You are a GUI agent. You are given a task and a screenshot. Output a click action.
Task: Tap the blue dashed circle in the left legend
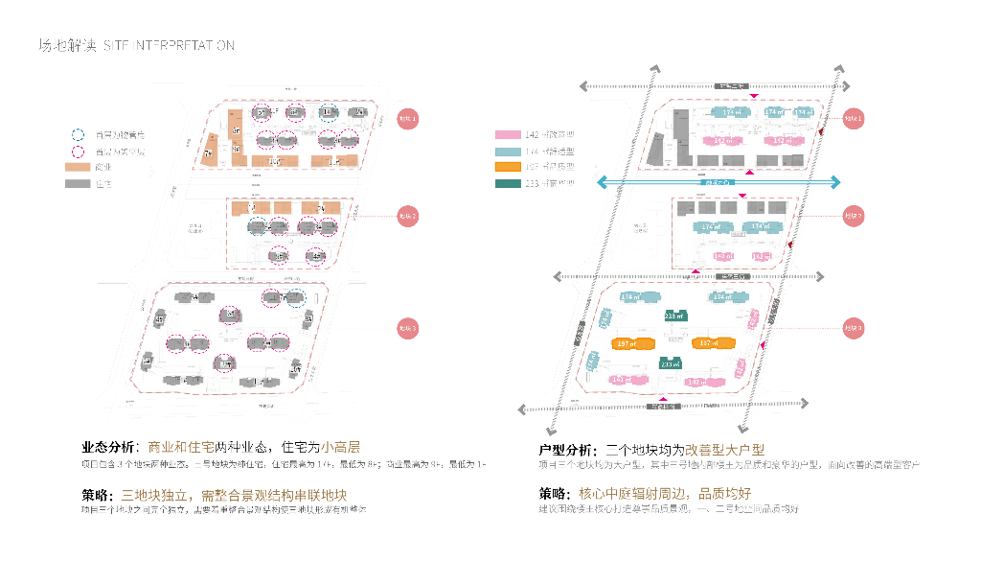click(77, 135)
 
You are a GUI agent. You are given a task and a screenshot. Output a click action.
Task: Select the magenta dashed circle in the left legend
click(77, 152)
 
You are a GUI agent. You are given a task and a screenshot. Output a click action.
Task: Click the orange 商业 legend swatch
click(77, 167)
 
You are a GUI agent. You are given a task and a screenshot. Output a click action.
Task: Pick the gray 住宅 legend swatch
click(77, 182)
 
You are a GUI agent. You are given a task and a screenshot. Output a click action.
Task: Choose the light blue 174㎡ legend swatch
click(509, 152)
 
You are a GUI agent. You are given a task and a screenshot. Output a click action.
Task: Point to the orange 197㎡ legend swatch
click(509, 167)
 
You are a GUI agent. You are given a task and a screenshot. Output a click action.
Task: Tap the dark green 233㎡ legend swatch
click(509, 182)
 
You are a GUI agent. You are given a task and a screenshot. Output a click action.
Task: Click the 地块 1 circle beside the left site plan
click(408, 119)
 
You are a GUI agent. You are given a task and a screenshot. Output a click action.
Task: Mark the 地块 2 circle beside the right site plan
click(853, 216)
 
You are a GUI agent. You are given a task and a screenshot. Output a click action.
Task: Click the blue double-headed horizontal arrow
click(719, 182)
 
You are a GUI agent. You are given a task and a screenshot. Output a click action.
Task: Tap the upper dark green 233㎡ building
click(674, 316)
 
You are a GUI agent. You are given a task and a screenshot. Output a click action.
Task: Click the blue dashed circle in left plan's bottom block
click(296, 298)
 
